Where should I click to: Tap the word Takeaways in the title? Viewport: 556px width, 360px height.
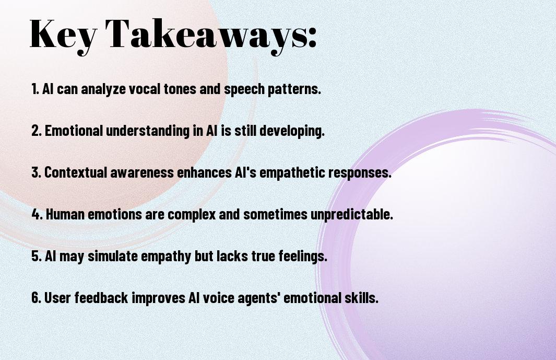click(206, 34)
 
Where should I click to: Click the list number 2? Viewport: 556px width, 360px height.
click(37, 131)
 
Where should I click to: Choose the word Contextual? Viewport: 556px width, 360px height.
click(76, 172)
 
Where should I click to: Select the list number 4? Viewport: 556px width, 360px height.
click(37, 214)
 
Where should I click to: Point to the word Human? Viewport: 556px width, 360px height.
click(65, 214)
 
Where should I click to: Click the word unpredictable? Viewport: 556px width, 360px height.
click(352, 215)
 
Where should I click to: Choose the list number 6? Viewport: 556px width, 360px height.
click(37, 298)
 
